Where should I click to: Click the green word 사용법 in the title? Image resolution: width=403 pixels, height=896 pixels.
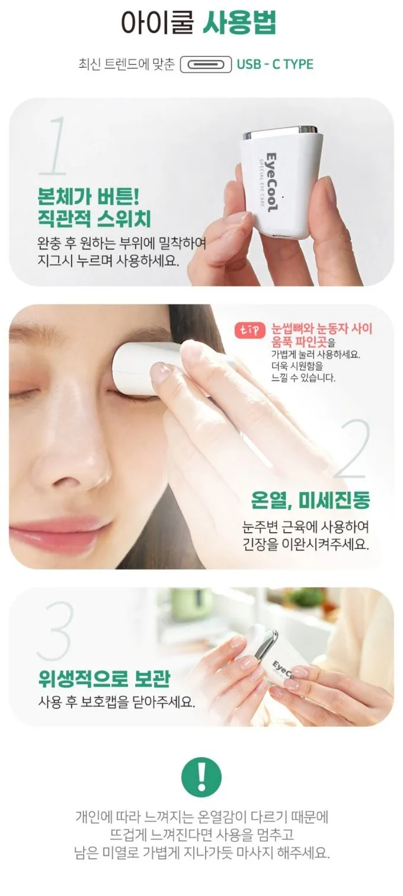point(239,23)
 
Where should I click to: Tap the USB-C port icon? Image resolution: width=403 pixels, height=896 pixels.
point(206,65)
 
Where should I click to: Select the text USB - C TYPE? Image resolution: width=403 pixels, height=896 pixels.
point(275,65)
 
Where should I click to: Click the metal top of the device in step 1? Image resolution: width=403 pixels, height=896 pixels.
point(281,131)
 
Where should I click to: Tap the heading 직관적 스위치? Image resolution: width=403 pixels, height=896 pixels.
point(95,219)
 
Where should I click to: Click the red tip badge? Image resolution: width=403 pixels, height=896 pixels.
point(250,330)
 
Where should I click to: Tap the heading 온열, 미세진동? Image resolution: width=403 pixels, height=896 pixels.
point(311,500)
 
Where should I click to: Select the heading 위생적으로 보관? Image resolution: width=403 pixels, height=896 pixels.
point(104,678)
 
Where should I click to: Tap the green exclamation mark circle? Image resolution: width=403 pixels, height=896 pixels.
point(201,776)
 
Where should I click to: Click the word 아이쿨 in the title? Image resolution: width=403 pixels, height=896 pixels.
point(158,23)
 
